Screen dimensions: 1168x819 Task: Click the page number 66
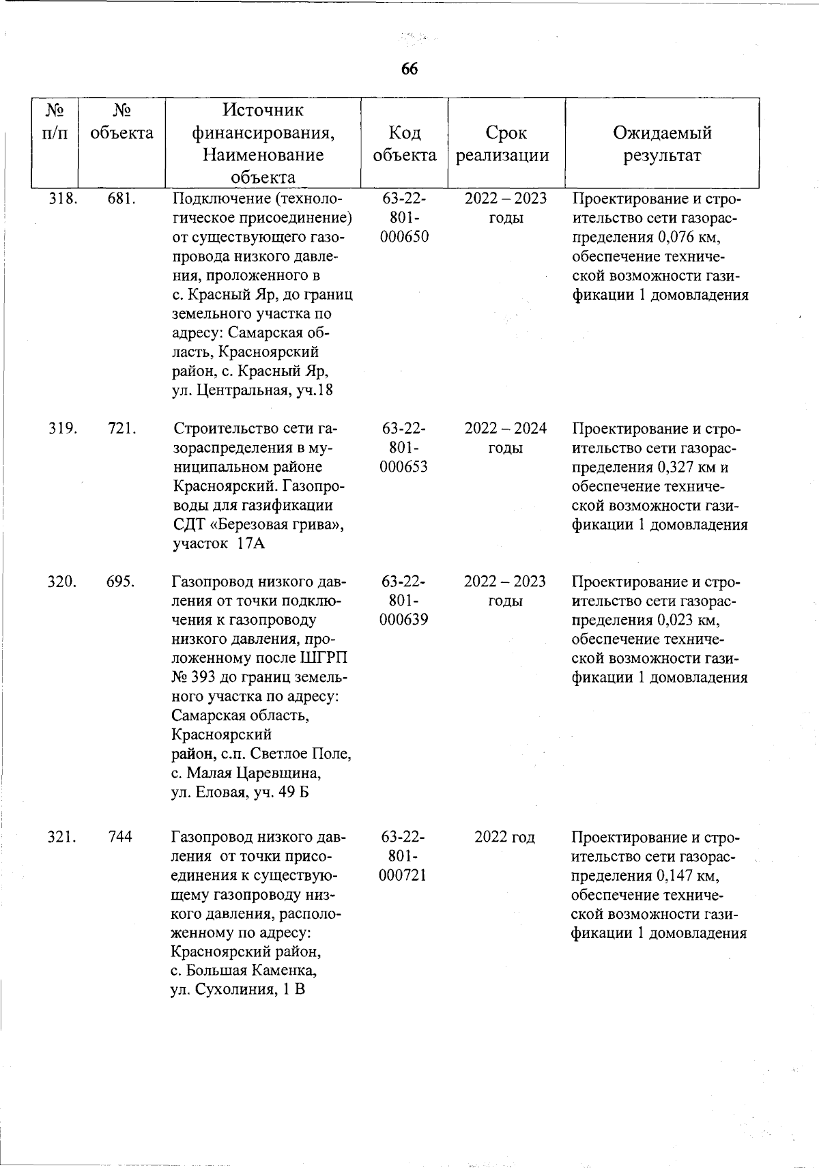pos(409,69)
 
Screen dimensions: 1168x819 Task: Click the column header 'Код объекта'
pos(404,143)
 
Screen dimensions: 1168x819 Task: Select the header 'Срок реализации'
pos(506,143)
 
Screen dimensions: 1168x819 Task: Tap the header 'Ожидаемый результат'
pos(661,143)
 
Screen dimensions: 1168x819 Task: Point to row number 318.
pos(63,199)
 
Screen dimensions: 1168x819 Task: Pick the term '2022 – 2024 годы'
pos(505,438)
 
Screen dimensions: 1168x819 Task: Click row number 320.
pos(62,582)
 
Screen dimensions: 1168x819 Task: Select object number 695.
pos(121,582)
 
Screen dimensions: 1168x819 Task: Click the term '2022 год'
pos(504,837)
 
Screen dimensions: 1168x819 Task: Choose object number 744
pos(120,837)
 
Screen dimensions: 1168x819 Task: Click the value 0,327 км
pos(686,468)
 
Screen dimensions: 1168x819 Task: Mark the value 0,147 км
pos(685,876)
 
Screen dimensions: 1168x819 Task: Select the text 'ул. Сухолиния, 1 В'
pos(237,990)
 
